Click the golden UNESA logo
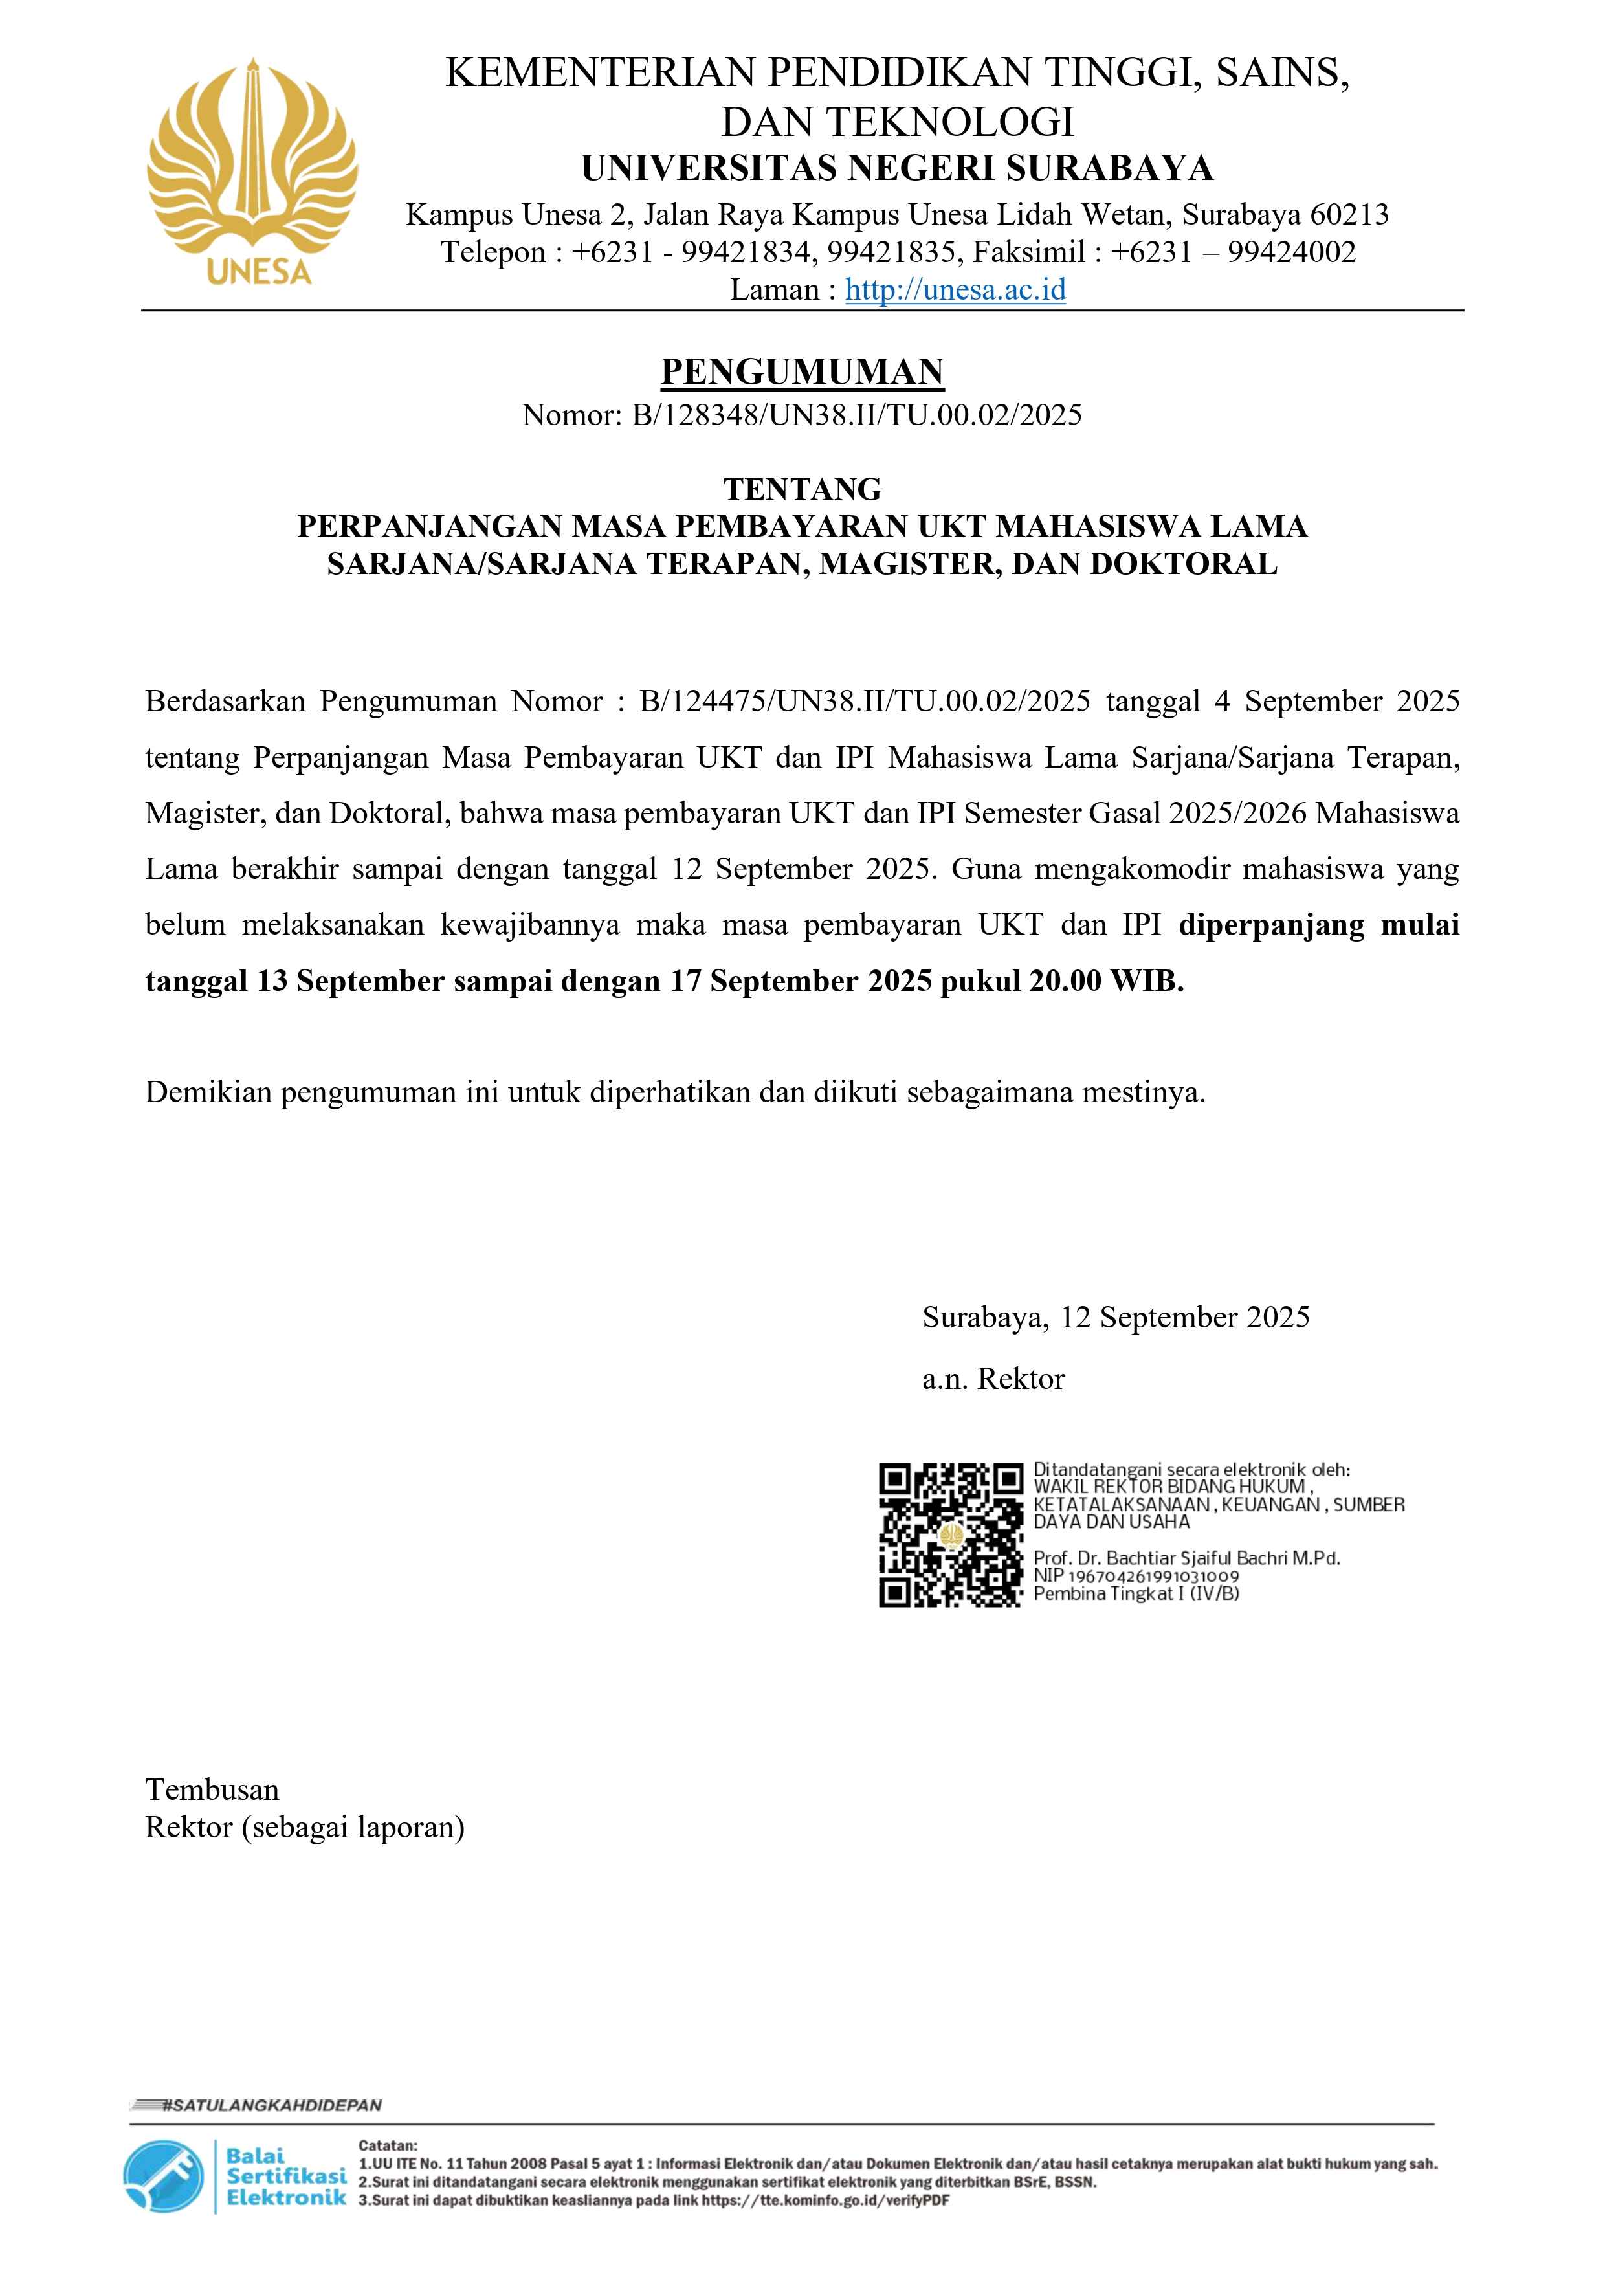pyautogui.click(x=252, y=170)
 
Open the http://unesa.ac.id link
pyautogui.click(x=955, y=290)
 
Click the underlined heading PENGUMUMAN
pyautogui.click(x=802, y=372)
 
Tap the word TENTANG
pyautogui.click(x=802, y=489)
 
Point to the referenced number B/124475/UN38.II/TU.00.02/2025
pyautogui.click(x=865, y=702)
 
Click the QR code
pyautogui.click(x=950, y=1534)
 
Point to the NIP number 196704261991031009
pyautogui.click(x=1153, y=1576)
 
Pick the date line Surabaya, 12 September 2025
pyautogui.click(x=1116, y=1318)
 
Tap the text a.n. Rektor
pyautogui.click(x=993, y=1379)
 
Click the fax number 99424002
pyautogui.click(x=1292, y=252)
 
